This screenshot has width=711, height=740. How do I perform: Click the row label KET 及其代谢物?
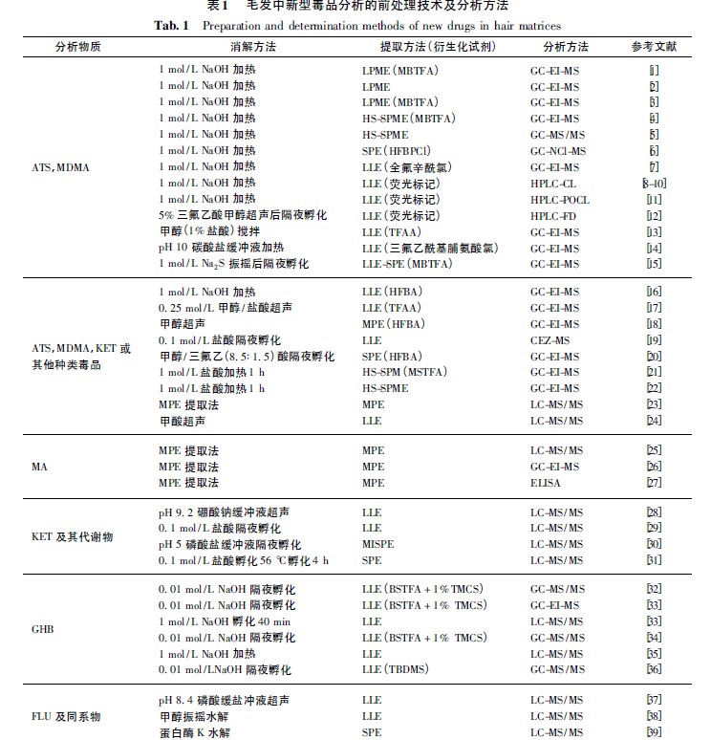tap(73, 536)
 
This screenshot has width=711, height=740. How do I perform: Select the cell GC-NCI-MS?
tap(558, 151)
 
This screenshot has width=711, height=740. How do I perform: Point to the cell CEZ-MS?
tap(552, 339)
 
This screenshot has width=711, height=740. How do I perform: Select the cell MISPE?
tap(377, 544)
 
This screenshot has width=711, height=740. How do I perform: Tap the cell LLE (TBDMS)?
tap(395, 670)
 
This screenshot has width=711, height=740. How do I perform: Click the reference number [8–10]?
tap(654, 184)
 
